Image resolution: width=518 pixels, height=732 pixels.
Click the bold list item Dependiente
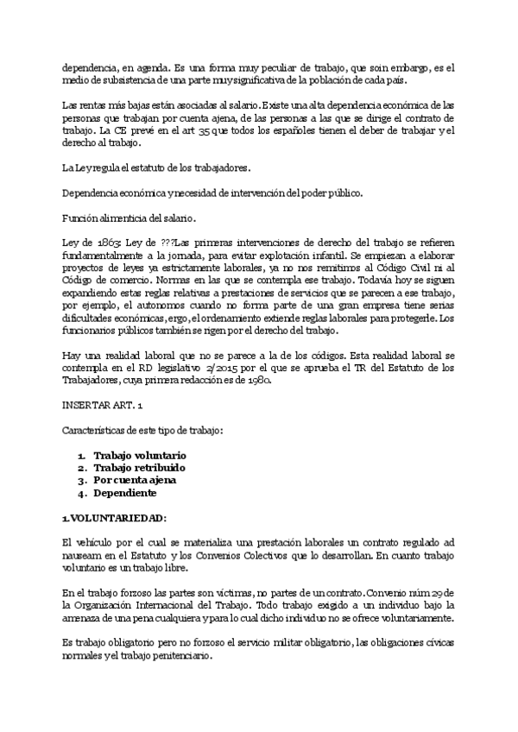125,493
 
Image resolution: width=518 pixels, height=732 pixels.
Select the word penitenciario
212,655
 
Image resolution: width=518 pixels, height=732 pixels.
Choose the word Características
98,429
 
